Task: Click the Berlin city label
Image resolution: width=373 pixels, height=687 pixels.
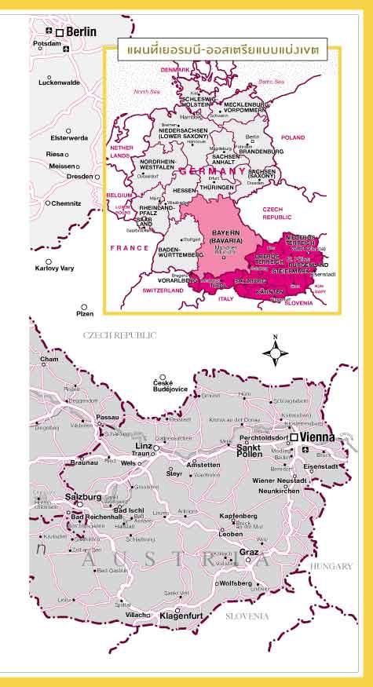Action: pos(81,31)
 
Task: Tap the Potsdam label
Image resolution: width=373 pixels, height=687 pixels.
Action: pos(46,44)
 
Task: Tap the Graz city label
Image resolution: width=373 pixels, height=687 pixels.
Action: pos(249,552)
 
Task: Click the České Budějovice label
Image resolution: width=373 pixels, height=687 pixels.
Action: pos(170,388)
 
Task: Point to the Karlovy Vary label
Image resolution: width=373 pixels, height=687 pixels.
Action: pos(55,269)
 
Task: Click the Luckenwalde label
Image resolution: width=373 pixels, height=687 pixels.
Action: pos(60,82)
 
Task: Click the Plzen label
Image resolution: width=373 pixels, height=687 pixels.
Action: pos(84,314)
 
